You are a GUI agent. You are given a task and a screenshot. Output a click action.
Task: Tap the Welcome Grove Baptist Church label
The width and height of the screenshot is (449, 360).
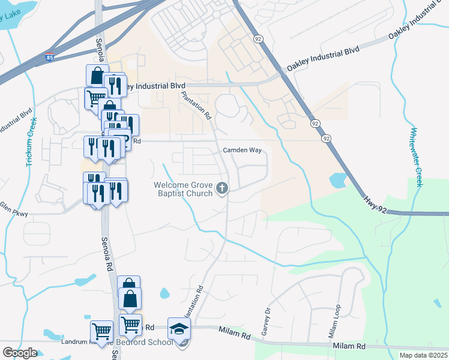coord(184,189)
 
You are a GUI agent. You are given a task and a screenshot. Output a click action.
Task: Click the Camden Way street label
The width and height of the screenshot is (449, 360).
coord(243,151)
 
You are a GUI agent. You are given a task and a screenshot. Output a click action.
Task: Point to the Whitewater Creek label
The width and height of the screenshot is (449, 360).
coord(414,156)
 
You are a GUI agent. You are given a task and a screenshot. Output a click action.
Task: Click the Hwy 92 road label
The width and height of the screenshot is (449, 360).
coord(376,201)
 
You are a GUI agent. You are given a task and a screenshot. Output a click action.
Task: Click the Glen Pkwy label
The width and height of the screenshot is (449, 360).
coord(12,206)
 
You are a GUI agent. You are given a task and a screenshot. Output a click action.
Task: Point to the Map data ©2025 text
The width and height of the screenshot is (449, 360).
coord(423,355)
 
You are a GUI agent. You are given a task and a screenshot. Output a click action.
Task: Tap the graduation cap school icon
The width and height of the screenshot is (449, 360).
coord(179,329)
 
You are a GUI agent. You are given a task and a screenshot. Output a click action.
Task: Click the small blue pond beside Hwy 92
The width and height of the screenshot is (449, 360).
coord(337,179)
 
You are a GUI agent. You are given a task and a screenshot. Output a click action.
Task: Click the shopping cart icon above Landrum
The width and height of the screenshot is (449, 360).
coord(101,331)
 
